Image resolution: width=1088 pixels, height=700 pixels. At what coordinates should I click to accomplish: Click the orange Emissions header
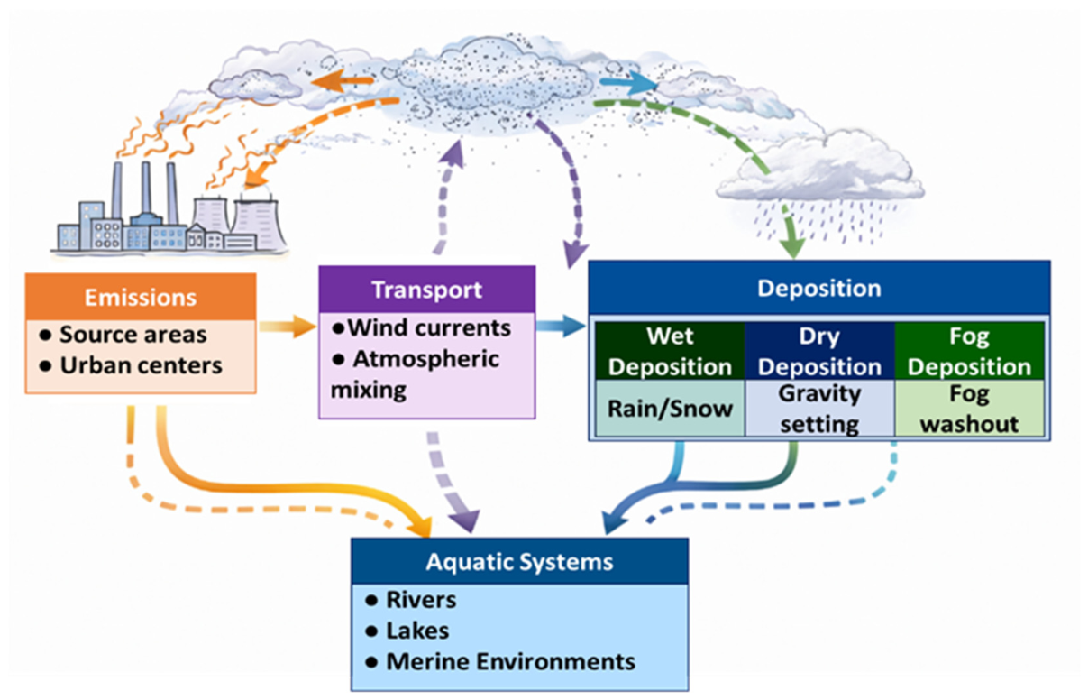(x=141, y=297)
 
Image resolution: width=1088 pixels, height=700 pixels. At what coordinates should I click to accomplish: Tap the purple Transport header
(x=427, y=290)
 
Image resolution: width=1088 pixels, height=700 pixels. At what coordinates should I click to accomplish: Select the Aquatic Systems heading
(x=520, y=561)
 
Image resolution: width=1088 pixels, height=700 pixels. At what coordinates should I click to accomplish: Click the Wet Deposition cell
(x=671, y=351)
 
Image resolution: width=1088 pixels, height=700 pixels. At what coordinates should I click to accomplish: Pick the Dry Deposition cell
(x=820, y=351)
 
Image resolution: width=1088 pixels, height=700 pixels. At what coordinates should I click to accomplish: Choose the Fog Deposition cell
(x=970, y=351)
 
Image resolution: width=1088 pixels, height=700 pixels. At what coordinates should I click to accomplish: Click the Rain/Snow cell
(x=671, y=408)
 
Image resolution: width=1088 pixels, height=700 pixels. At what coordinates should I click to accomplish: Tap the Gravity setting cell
(x=820, y=408)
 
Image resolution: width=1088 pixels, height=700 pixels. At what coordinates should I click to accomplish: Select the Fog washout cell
(x=970, y=408)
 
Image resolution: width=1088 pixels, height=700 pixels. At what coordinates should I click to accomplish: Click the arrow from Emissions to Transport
(x=288, y=326)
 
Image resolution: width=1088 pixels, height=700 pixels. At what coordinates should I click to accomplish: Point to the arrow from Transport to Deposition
(x=561, y=326)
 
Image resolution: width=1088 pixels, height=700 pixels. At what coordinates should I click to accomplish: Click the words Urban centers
(x=141, y=365)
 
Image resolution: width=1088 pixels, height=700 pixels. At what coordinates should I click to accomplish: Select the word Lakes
(x=417, y=631)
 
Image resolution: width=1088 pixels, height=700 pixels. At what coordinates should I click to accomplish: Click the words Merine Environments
(x=510, y=661)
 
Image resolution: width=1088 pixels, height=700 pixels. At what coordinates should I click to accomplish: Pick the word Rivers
(x=421, y=600)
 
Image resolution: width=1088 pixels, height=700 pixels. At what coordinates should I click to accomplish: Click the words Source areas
(x=133, y=335)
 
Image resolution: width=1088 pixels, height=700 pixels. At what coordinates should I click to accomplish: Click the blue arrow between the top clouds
(x=628, y=83)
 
